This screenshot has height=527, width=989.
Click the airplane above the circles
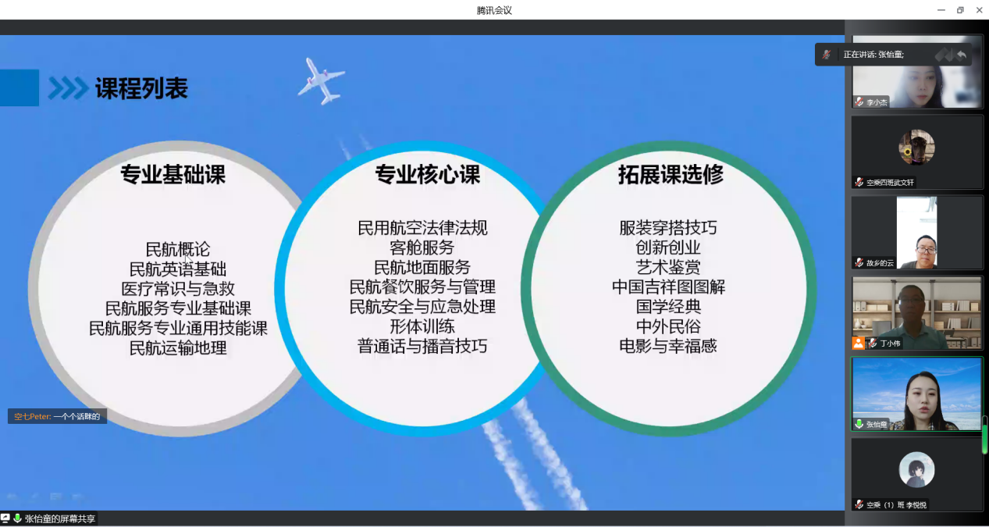click(322, 81)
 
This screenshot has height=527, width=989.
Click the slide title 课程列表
click(141, 88)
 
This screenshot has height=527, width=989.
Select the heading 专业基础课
click(173, 174)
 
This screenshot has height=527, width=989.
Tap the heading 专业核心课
click(428, 174)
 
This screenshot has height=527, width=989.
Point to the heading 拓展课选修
click(671, 174)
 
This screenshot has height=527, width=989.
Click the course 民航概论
click(178, 250)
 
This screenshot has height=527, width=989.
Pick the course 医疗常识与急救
click(178, 288)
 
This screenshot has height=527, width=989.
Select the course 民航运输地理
click(178, 348)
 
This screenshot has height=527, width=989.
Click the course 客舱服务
click(422, 247)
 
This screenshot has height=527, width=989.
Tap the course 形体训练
click(422, 326)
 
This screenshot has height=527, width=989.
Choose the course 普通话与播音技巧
click(422, 346)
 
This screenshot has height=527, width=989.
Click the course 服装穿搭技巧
click(668, 228)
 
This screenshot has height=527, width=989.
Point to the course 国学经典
click(668, 307)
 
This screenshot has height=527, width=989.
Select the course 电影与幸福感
click(668, 346)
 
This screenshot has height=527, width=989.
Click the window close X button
click(979, 10)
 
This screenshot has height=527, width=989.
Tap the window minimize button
click(941, 10)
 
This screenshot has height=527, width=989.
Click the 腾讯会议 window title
click(494, 10)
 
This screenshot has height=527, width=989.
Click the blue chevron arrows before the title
click(68, 88)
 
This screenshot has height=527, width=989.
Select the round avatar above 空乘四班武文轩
click(916, 147)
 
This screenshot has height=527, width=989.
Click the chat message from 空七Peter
click(57, 416)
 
